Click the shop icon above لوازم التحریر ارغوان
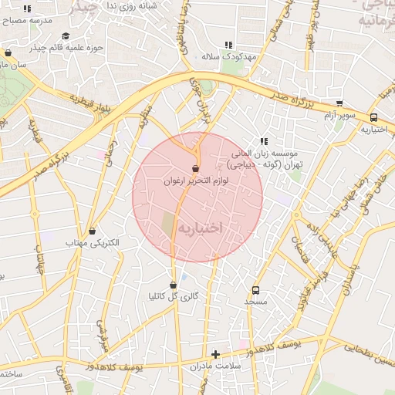click(x=195, y=168)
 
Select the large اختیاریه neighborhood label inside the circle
click(x=200, y=228)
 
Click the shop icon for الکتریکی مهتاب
click(x=93, y=231)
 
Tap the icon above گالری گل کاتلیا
click(x=173, y=285)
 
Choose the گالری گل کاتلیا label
click(x=173, y=297)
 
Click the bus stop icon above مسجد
click(x=255, y=290)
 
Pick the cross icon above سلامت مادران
click(x=215, y=354)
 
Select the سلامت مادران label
click(x=215, y=366)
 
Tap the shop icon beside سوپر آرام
click(x=339, y=103)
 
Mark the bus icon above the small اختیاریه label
click(x=374, y=117)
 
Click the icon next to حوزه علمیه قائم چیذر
click(x=66, y=36)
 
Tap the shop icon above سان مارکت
click(x=8, y=53)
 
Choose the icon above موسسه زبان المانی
click(x=264, y=141)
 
